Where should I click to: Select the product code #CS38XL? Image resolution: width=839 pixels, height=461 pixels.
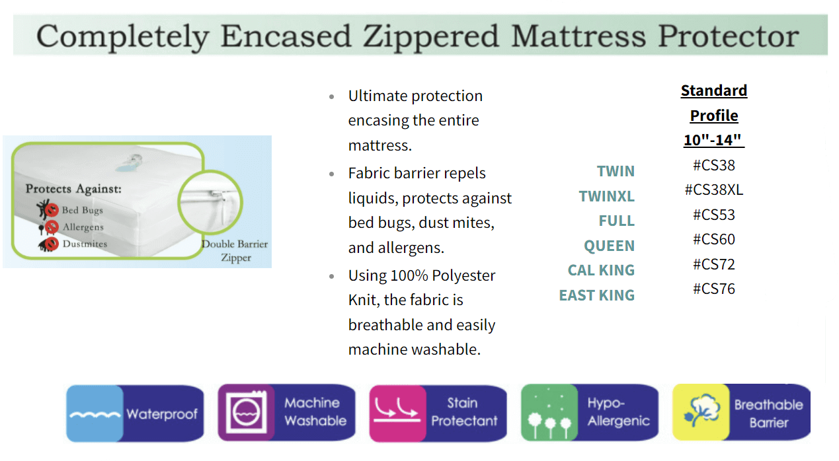coord(714,190)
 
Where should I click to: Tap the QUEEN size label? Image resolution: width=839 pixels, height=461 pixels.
coord(609,246)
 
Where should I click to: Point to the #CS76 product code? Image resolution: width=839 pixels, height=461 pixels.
coord(714,289)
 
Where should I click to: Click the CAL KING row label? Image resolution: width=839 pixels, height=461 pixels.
coord(601,270)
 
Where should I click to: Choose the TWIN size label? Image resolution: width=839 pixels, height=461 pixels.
coord(616,171)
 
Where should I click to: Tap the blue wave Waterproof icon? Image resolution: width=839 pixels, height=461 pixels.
coord(95,413)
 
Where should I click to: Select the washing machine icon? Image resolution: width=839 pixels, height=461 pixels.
coord(246,412)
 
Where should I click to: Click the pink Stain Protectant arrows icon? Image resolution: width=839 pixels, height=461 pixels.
coord(397,413)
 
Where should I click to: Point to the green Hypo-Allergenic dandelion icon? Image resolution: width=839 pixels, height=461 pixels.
coord(549,412)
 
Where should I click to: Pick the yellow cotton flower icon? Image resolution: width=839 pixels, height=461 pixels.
coord(701,412)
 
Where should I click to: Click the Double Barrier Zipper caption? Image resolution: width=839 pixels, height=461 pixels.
coord(235,251)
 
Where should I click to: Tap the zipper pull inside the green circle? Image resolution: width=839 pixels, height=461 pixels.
coord(218,194)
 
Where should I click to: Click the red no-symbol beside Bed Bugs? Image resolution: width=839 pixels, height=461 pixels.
coord(52,210)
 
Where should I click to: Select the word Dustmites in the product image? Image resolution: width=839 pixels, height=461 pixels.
coord(85,244)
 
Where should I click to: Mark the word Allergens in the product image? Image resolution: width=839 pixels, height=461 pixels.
coord(83,227)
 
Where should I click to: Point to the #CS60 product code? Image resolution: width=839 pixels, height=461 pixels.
coord(714,240)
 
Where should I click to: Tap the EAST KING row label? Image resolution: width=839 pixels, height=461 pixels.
coord(596,295)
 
